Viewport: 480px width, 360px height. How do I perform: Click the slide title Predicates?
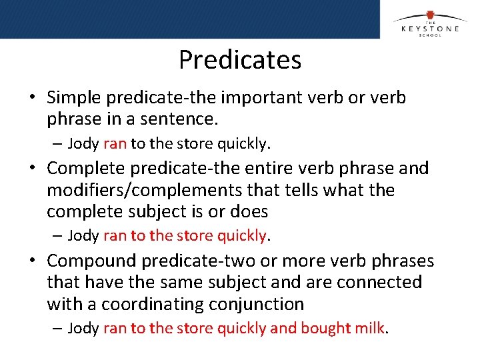tap(240, 60)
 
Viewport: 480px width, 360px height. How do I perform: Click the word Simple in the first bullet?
tap(74, 97)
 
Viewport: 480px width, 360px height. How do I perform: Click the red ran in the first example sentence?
tap(115, 143)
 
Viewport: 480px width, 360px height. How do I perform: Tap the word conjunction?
tap(255, 305)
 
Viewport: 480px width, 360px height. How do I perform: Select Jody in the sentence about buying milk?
tap(83, 328)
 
